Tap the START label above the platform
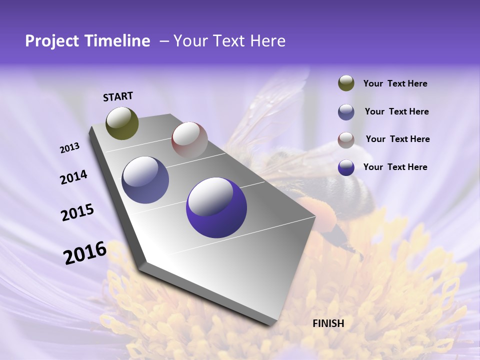coord(118,96)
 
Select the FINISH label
coord(328,323)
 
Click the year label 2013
coord(70,148)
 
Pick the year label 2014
coord(74,177)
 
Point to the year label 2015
coord(77,212)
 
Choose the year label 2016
coord(85,252)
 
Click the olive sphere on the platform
coord(122,123)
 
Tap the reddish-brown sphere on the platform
coord(189,139)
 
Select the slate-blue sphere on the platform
coord(145,180)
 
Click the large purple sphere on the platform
coord(216,207)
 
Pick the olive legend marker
coord(346,83)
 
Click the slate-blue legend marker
coord(346,112)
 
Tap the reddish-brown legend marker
coord(346,140)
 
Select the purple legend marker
coord(346,167)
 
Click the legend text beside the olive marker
coord(395,83)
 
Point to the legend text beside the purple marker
coord(395,167)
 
